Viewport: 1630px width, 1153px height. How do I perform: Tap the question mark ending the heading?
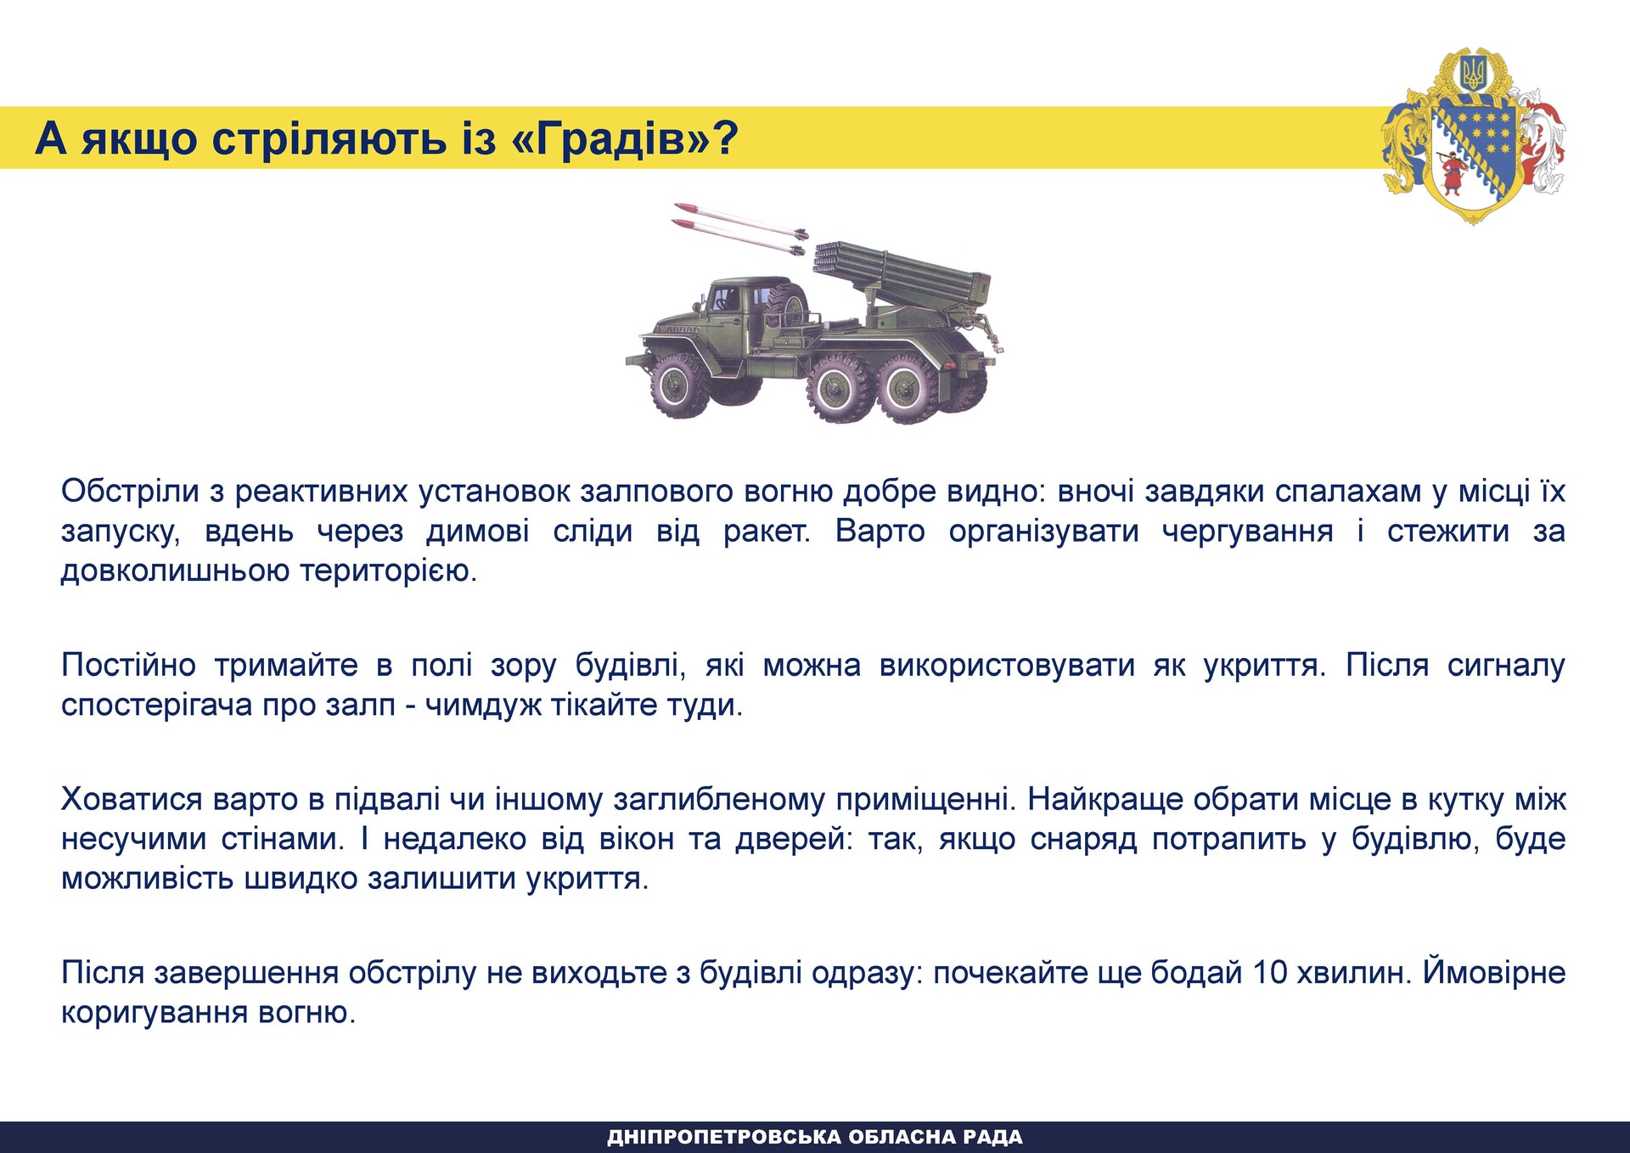pyautogui.click(x=727, y=138)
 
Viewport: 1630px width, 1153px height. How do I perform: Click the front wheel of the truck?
pyautogui.click(x=679, y=386)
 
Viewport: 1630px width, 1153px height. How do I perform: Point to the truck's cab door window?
pyautogui.click(x=726, y=300)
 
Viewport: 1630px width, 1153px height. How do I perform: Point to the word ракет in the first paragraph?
pyautogui.click(x=766, y=532)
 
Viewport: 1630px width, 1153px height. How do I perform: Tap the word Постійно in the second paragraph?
pyautogui.click(x=128, y=665)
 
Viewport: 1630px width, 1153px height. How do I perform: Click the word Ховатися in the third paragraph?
pyautogui.click(x=132, y=799)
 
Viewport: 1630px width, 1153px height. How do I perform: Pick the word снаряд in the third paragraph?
pyautogui.click(x=1083, y=839)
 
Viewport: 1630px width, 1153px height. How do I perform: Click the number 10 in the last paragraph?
pyautogui.click(x=1271, y=973)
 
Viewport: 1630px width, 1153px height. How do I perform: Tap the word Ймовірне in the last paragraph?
pyautogui.click(x=1494, y=973)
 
